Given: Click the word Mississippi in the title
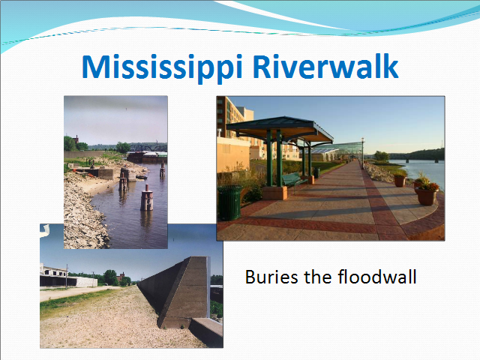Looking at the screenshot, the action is pyautogui.click(x=162, y=67).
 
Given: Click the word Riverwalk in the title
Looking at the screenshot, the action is pyautogui.click(x=325, y=66).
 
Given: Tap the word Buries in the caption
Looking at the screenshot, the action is pyautogui.click(x=271, y=277).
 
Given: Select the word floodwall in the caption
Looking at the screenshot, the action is pyautogui.click(x=377, y=277).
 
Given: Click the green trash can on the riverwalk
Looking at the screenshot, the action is pyautogui.click(x=229, y=202).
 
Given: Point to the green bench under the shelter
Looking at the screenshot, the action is pyautogui.click(x=293, y=180).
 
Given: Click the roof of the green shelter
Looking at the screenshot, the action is pyautogui.click(x=279, y=128).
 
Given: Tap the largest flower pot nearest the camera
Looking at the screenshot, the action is pyautogui.click(x=427, y=195).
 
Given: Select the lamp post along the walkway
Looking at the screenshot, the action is pyautogui.click(x=363, y=152).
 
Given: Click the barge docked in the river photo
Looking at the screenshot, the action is pyautogui.click(x=147, y=157).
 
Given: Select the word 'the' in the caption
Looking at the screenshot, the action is pyautogui.click(x=317, y=277).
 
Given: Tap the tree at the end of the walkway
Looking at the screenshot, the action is pyautogui.click(x=382, y=155).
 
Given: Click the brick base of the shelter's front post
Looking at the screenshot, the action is pyautogui.click(x=274, y=193).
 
